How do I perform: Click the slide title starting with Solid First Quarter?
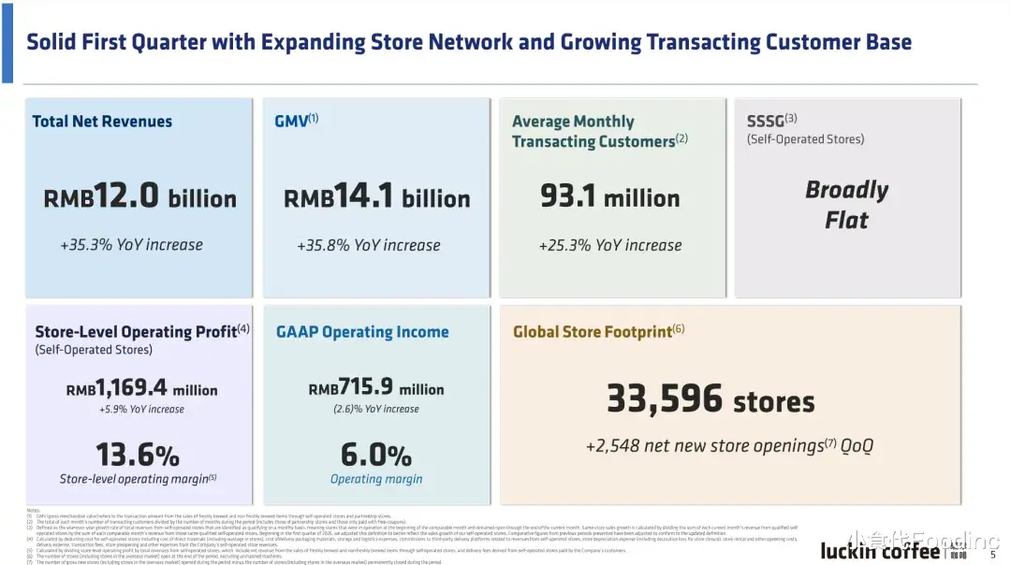[468, 42]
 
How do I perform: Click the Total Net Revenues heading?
[102, 122]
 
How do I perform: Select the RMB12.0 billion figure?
[139, 198]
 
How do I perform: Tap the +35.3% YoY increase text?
[131, 245]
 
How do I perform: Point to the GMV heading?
[296, 122]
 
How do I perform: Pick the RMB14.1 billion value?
[376, 198]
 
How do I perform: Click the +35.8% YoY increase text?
[369, 245]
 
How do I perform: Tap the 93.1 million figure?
[609, 197]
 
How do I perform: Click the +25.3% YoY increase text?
[609, 245]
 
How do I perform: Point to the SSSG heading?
[771, 121]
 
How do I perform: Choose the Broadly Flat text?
[846, 205]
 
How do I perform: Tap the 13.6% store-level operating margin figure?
[138, 456]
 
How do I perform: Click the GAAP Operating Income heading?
[362, 332]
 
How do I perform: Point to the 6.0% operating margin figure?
[375, 456]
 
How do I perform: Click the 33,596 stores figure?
[711, 400]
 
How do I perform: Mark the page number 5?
[992, 554]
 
